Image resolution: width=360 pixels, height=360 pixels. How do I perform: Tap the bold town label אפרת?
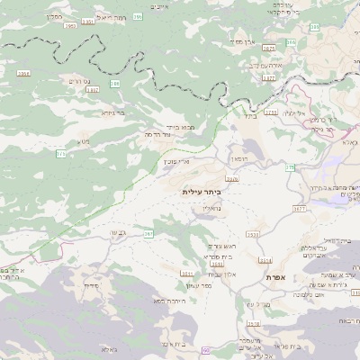(275, 277)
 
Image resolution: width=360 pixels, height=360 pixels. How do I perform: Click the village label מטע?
(84, 141)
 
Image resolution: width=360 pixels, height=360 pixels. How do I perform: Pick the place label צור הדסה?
(157, 134)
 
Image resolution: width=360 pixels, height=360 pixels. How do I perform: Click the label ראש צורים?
(220, 246)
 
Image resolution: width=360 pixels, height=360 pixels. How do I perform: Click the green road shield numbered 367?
(148, 234)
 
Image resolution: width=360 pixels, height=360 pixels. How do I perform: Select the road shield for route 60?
(205, 349)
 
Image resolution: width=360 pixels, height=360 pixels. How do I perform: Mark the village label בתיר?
(250, 115)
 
